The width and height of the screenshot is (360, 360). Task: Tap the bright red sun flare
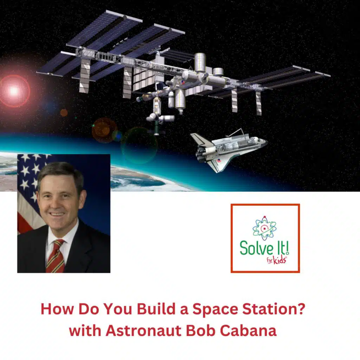pos(14,91)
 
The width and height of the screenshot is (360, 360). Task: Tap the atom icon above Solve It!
pos(264,228)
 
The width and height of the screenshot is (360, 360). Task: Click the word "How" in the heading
pos(54,309)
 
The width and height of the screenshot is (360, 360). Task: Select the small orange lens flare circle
pos(64,112)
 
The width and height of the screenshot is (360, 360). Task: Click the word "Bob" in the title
pos(201,331)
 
